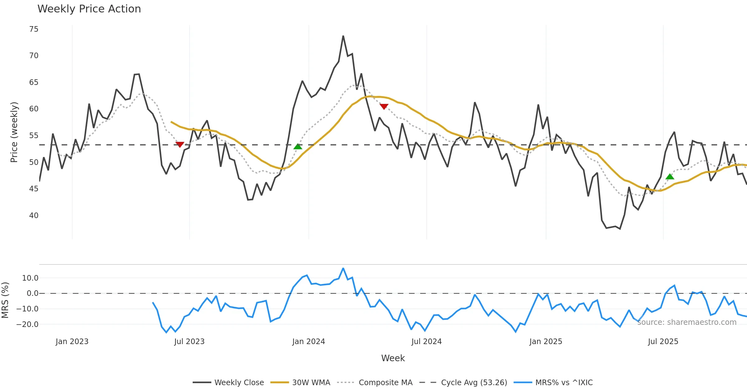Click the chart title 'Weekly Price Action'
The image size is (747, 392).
point(89,9)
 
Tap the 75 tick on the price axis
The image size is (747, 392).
point(34,29)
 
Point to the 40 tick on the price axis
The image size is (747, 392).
point(34,216)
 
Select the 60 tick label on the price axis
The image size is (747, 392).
point(34,109)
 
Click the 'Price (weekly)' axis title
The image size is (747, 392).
point(14,132)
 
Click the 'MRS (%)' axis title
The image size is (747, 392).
point(5,300)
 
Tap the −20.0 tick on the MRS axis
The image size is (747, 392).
point(27,324)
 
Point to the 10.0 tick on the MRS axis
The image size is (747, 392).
point(30,278)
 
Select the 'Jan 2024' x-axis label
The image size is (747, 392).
point(308,342)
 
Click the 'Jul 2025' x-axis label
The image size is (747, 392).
point(663,342)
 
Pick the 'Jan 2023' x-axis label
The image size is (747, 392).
point(72,342)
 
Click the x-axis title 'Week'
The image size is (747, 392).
point(393,358)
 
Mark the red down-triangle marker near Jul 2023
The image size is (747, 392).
point(180,144)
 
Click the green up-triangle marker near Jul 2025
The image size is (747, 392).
point(670,177)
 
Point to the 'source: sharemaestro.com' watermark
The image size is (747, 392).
point(687,322)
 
